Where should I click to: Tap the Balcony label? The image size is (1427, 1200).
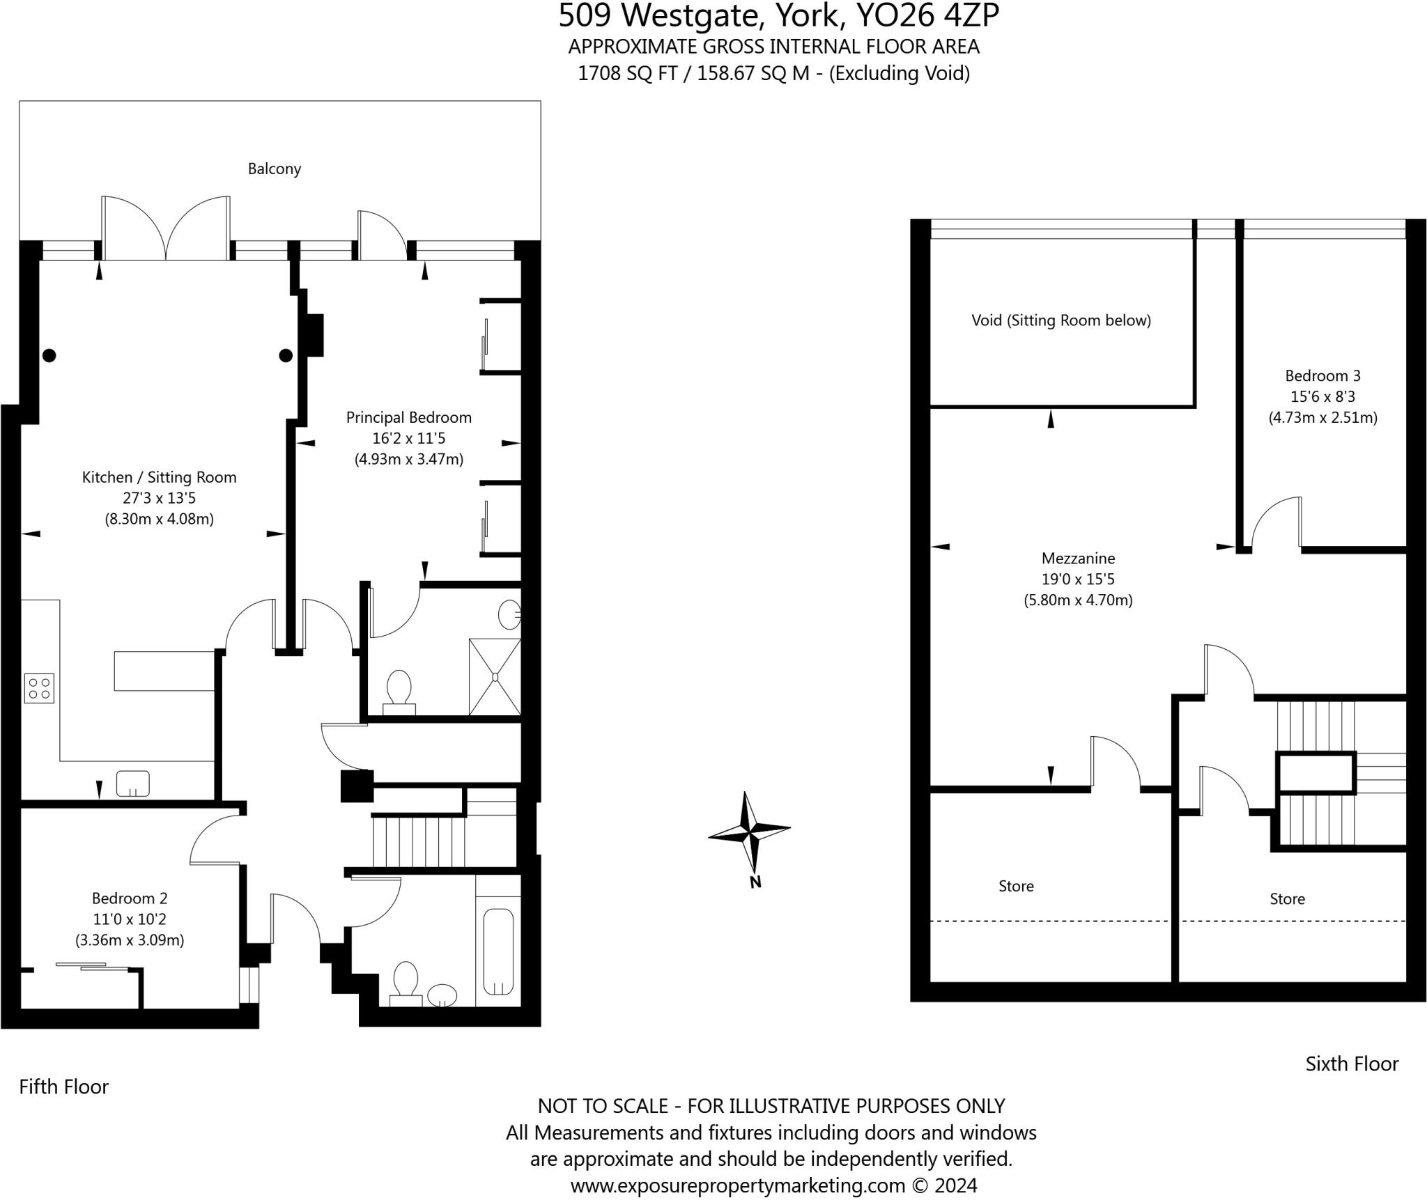pos(275,169)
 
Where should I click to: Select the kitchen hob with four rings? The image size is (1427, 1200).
pos(39,688)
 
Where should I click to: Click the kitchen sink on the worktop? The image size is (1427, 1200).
pos(132,783)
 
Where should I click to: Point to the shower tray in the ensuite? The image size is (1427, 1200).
pos(495,677)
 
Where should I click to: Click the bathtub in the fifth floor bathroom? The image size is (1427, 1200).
pos(498,951)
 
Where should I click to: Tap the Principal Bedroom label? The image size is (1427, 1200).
pos(409,417)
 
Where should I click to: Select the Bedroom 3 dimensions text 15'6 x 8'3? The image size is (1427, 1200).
pos(1322,396)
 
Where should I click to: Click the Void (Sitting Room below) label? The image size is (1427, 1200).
pos(1060,320)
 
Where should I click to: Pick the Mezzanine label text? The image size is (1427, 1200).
pos(1078,558)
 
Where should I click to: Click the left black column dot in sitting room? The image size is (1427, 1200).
pos(49,355)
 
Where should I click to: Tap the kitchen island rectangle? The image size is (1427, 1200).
pos(164,671)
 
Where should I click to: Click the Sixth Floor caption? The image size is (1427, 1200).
pos(1352,1063)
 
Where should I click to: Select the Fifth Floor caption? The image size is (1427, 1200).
pos(64,1086)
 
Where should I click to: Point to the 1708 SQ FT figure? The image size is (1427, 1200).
pos(627,73)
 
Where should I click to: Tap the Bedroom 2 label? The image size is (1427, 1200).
pos(130,898)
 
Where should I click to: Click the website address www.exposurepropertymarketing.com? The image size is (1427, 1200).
pos(737,1185)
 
